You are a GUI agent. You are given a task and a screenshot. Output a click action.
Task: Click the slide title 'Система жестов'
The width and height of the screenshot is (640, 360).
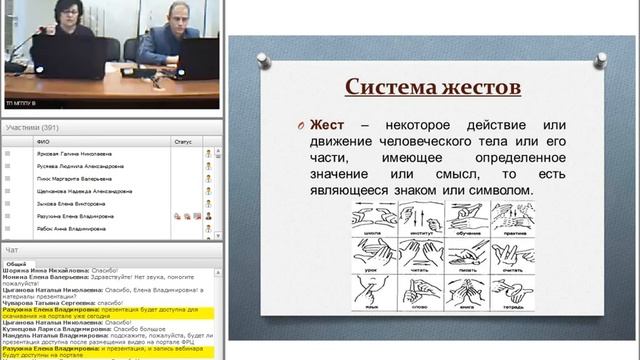tap(433, 86)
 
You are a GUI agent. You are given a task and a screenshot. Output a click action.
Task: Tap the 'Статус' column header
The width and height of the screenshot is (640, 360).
tap(181, 141)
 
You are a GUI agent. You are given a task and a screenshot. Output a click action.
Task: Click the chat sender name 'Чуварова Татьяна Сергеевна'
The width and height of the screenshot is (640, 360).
tap(46, 303)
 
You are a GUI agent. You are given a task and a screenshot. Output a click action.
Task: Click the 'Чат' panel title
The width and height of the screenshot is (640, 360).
tap(12, 249)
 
